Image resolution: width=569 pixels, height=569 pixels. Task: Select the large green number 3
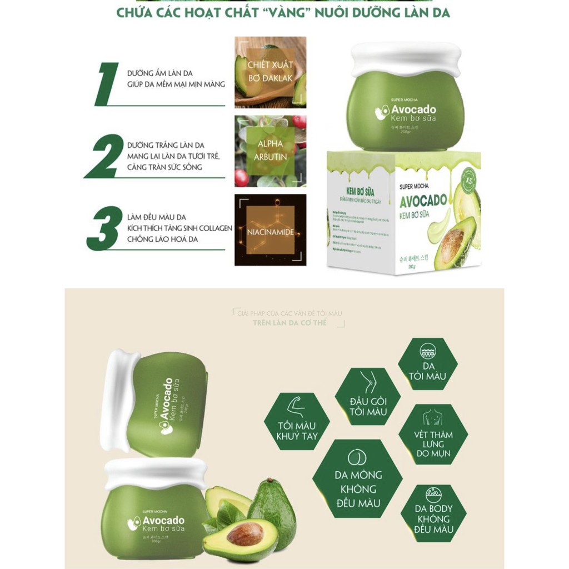point(104,228)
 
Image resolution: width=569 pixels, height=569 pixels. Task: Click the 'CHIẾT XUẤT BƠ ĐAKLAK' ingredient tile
point(270,72)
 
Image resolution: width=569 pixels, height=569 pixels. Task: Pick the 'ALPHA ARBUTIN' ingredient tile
point(270,150)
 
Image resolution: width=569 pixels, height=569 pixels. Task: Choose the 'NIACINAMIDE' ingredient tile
point(270,229)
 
